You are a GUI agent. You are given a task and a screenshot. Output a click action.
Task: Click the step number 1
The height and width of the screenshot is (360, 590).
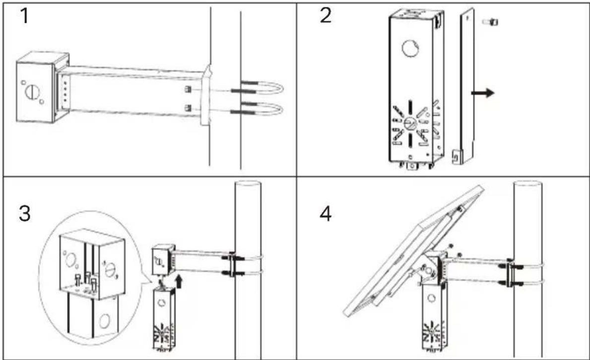coord(24,16)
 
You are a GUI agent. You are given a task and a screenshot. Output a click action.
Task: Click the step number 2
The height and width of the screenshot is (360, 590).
coord(326,16)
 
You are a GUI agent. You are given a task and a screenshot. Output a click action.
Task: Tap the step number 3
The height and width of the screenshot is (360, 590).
coord(24,213)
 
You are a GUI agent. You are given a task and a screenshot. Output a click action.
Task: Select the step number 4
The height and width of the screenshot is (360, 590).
coord(326,214)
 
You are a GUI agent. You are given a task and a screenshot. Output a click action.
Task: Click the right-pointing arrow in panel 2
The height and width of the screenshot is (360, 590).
coord(482,92)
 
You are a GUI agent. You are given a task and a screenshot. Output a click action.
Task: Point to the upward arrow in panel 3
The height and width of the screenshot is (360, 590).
coord(180,281)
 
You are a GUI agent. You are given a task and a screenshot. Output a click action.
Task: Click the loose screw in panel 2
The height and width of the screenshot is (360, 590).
coord(490,22)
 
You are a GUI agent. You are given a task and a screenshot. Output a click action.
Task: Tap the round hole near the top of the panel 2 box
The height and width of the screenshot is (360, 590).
coord(411,49)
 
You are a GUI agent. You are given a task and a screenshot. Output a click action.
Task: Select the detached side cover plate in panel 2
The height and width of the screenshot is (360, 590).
coord(464,86)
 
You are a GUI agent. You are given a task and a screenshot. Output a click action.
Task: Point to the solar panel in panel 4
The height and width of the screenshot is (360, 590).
coord(414,250)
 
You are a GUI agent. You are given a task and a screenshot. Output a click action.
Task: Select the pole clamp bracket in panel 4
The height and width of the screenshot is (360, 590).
coord(510,275)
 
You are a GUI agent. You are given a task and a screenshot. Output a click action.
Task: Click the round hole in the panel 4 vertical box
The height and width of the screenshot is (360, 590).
coord(431,299)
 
